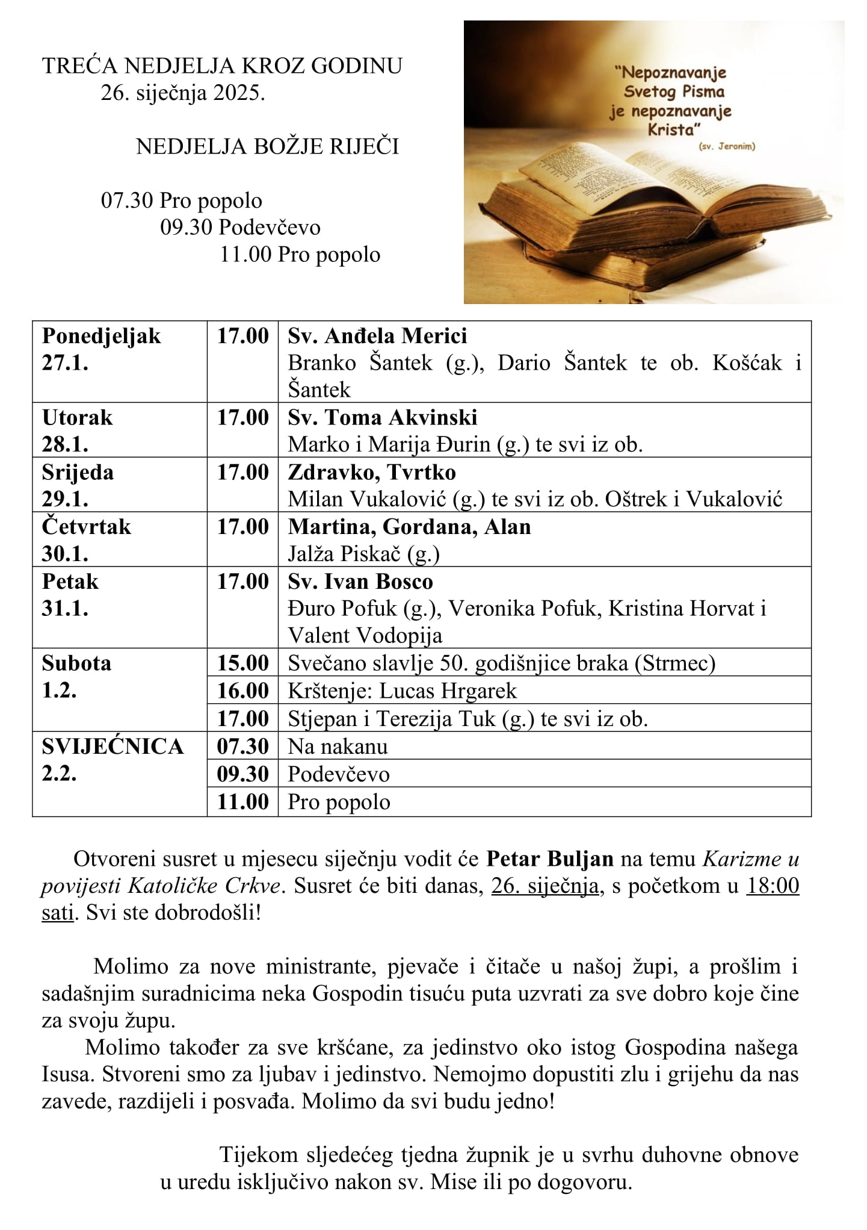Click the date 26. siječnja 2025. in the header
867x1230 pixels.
(182, 93)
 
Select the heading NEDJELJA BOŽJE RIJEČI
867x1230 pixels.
(267, 146)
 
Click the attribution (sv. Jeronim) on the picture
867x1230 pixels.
(727, 146)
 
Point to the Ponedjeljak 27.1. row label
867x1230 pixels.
(101, 349)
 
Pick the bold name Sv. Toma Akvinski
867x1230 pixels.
(382, 417)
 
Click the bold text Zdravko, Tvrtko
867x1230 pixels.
(371, 472)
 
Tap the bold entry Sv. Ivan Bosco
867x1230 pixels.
(360, 582)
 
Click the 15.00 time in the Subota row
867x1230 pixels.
(242, 663)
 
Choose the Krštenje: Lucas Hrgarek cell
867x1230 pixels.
(402, 691)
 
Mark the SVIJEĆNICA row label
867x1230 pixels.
(112, 747)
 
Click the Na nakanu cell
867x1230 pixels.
(338, 747)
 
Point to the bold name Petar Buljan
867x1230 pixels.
(549, 859)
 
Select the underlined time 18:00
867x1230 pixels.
(773, 886)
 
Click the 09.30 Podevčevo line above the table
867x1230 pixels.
(240, 228)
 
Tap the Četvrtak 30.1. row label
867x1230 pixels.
(86, 539)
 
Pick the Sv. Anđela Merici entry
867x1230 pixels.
(377, 335)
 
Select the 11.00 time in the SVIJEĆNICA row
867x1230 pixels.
(242, 802)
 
